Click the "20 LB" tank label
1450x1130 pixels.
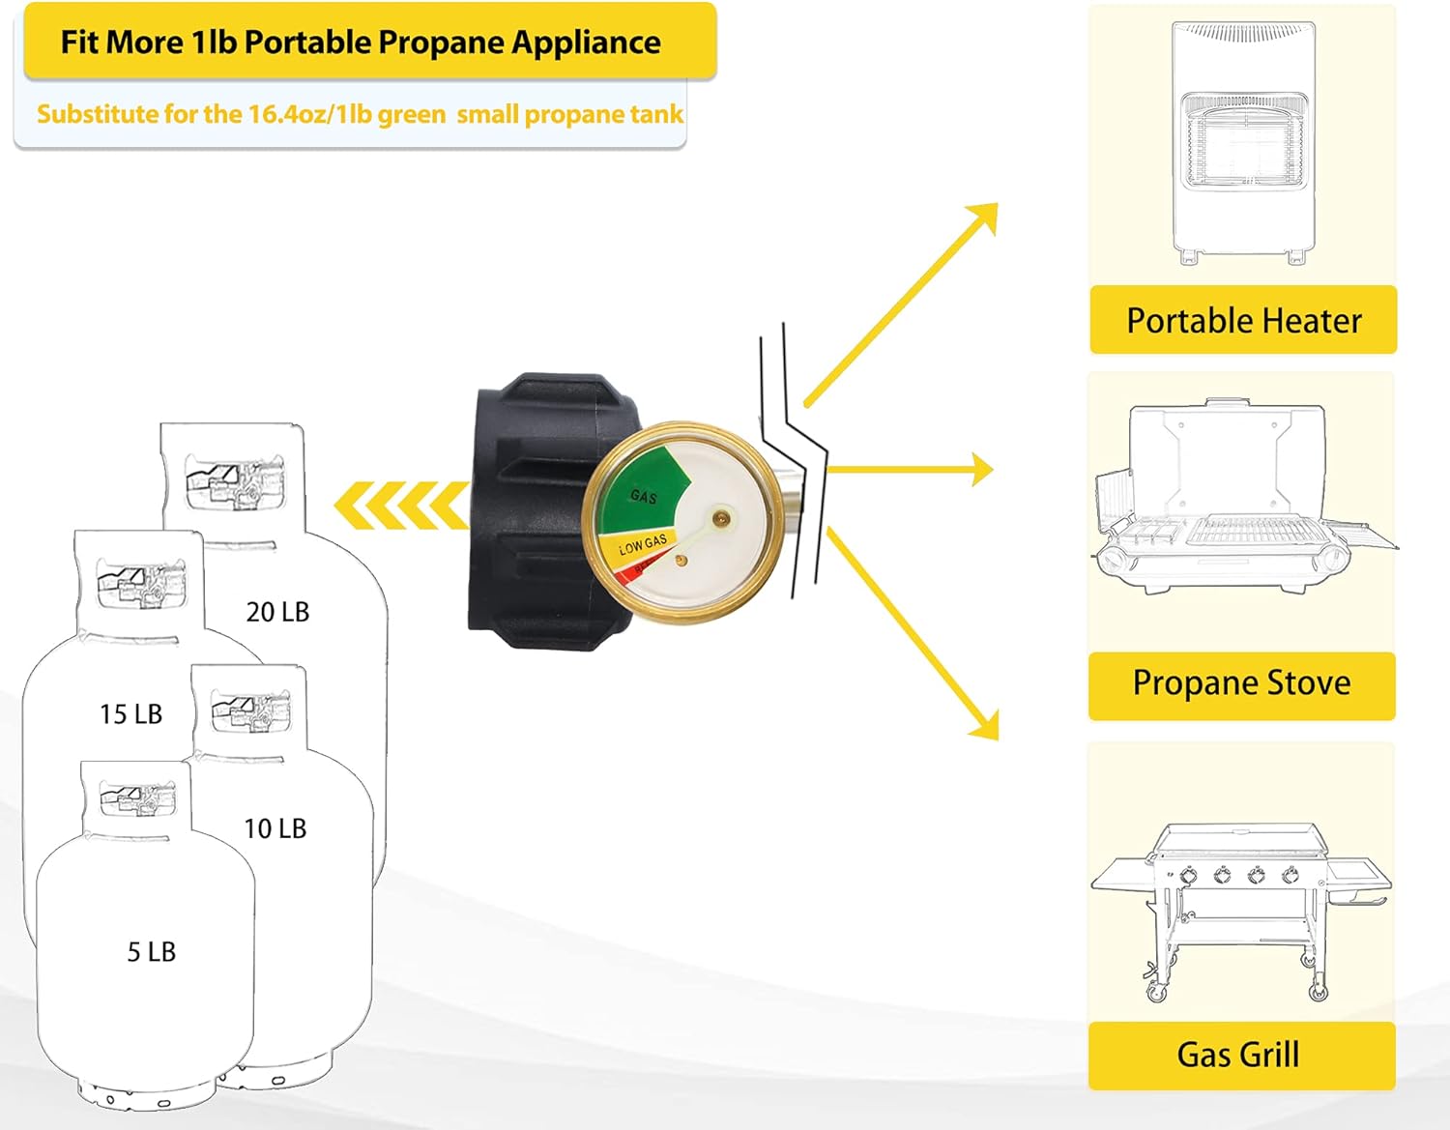277,612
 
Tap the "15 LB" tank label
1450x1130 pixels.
130,714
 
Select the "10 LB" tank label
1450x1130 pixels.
275,828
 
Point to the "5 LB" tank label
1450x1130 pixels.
152,952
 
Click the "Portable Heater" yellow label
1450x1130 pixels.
1243,320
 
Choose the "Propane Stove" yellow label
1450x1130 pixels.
1241,683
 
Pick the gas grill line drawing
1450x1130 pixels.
1240,909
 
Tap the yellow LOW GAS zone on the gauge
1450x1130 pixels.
641,546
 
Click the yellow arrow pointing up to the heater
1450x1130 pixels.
900,304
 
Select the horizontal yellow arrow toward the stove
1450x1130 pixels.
909,470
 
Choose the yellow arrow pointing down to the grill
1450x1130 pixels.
913,633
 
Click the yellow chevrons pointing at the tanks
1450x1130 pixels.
400,506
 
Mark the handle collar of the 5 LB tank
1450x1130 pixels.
135,797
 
